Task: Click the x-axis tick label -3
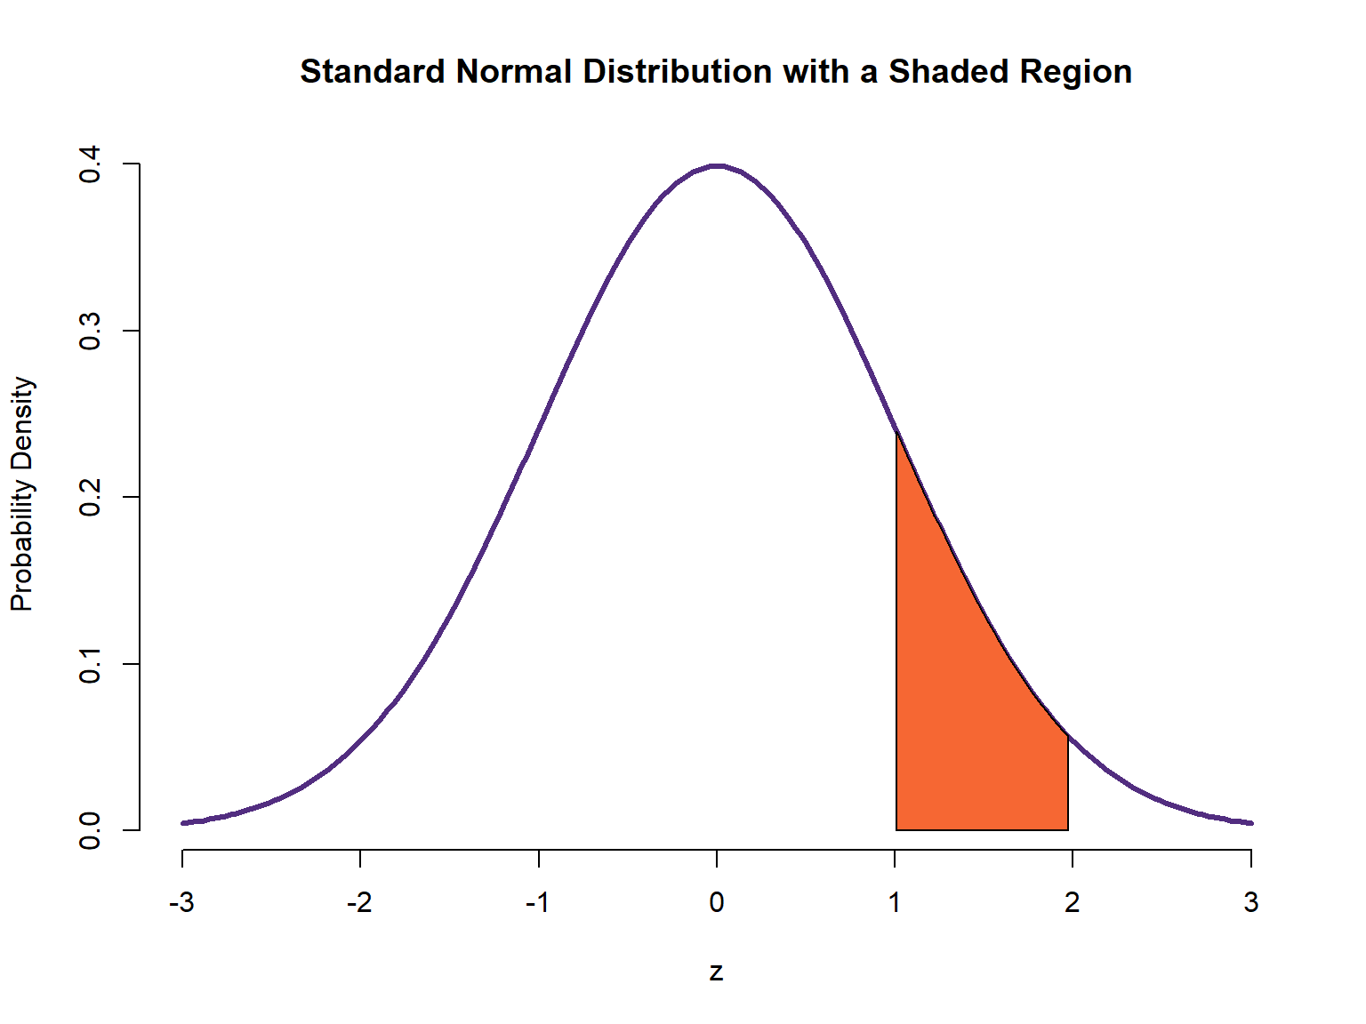[x=181, y=903]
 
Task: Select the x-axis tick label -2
[x=359, y=903]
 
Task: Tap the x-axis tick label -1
[x=537, y=903]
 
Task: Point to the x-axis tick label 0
[x=717, y=903]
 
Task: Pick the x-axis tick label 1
[x=895, y=903]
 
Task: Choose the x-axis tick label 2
[x=1073, y=903]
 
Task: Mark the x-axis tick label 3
[x=1251, y=903]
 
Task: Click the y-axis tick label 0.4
[x=90, y=164]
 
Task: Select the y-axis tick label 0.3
[x=90, y=331]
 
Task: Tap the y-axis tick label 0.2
[x=90, y=497]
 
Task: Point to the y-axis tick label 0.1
[x=90, y=664]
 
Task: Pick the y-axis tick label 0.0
[x=90, y=830]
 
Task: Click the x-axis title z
[x=717, y=972]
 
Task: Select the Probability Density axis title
[x=22, y=494]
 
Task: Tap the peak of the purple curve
[x=717, y=165]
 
